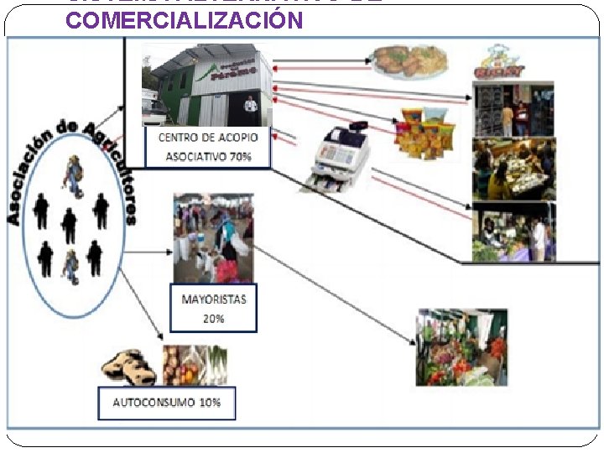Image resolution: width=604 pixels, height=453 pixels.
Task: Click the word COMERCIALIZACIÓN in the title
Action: pos(184,20)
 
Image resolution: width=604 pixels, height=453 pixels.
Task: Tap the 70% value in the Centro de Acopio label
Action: pos(253,156)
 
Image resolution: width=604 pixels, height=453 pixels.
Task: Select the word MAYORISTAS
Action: pos(214,299)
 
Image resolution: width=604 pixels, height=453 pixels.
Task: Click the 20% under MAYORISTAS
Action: pos(214,319)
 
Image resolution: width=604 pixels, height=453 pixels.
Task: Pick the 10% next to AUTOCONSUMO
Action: pos(210,403)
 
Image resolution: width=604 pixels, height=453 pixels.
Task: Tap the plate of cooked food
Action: pos(409,60)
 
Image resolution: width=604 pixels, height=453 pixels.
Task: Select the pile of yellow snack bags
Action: pos(426,130)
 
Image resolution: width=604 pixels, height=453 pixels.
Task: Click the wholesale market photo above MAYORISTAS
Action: pos(213,238)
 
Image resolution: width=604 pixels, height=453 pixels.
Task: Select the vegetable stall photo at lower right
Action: pos(461,347)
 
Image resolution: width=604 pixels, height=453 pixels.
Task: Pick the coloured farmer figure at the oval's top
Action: pos(74,177)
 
